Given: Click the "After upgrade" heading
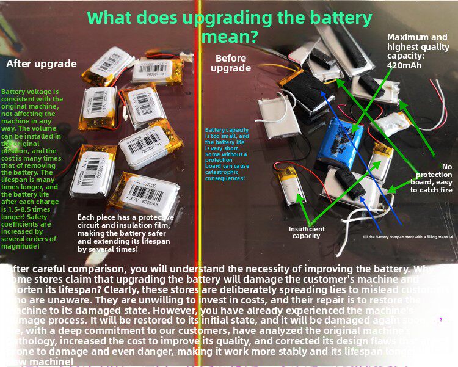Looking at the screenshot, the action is point(42,64).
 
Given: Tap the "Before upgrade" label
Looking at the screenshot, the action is point(231,64).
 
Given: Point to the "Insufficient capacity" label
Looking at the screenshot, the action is point(307,232).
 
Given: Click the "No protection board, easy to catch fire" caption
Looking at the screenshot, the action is point(431,178).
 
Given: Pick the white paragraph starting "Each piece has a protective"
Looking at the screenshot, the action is point(126,233).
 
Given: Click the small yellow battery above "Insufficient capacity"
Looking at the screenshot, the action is point(291,187).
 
